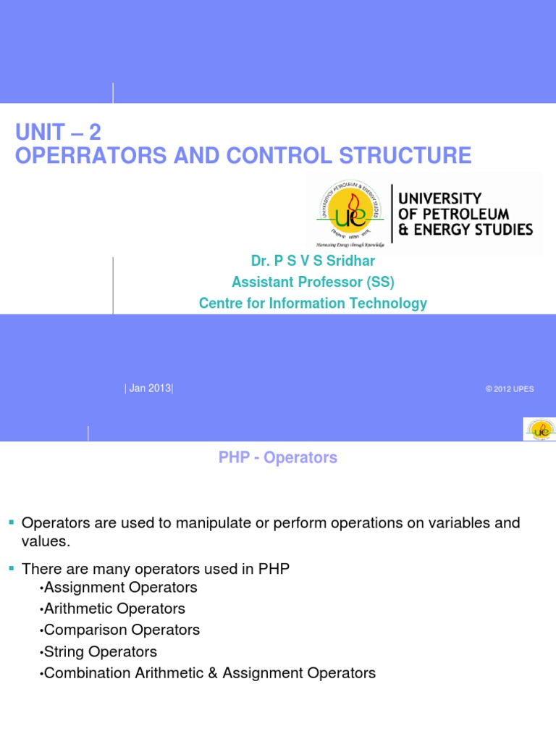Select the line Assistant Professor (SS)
[313, 282]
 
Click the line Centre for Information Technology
[313, 303]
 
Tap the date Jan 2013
[148, 388]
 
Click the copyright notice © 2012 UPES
[510, 389]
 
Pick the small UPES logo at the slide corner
[539, 429]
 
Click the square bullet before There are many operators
[11, 569]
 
